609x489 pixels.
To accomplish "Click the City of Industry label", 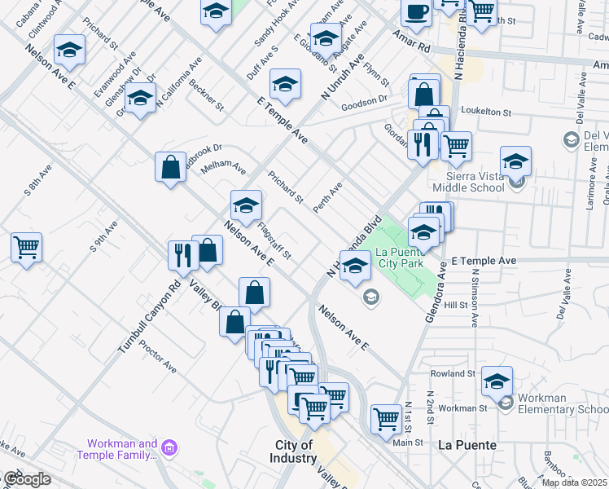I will click(294, 452).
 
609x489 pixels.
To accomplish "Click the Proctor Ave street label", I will click(157, 357).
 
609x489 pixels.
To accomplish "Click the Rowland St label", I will click(453, 373).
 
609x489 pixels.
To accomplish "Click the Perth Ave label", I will click(328, 198).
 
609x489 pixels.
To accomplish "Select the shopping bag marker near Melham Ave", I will click(170, 167).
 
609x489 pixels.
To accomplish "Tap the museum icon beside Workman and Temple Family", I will click(169, 448).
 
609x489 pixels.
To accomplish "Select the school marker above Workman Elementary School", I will click(497, 381).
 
